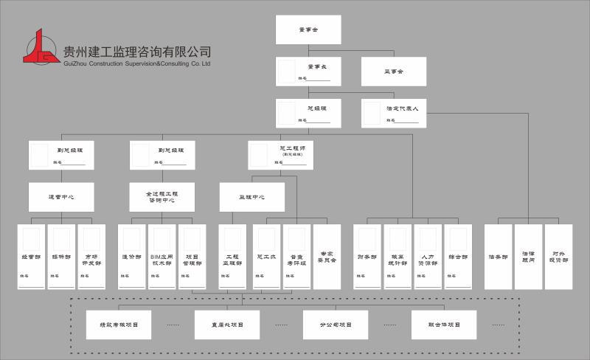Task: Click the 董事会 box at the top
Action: (308, 30)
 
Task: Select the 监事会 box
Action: (394, 72)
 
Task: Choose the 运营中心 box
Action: (61, 197)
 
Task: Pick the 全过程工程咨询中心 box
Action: (162, 197)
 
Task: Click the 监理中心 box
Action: (251, 197)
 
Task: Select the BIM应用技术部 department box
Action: (161, 257)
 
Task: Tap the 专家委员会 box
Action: (327, 257)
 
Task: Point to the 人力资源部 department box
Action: (428, 257)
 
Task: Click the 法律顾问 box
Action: (528, 257)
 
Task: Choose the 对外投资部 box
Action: (558, 257)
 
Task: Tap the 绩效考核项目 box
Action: (119, 324)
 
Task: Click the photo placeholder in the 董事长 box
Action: (287, 72)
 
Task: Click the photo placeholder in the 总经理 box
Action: (287, 113)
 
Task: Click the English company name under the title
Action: (138, 64)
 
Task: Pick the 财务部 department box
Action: (367, 257)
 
